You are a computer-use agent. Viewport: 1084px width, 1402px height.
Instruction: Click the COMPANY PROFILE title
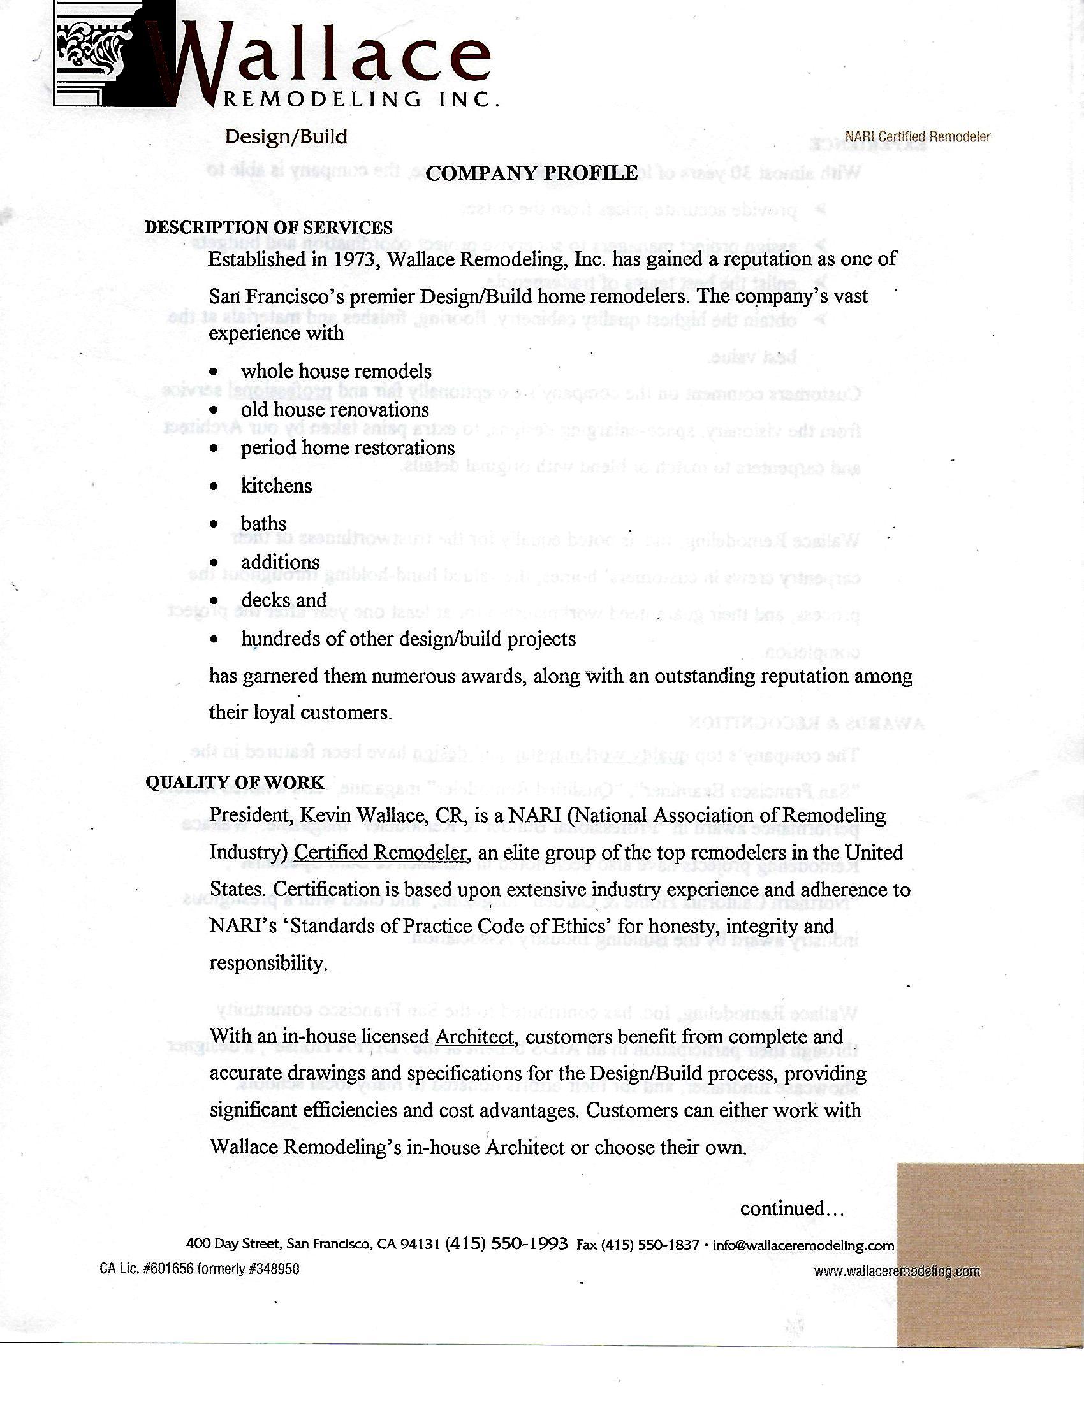[531, 173]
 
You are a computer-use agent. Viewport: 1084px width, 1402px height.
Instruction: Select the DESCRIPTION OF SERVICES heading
[268, 228]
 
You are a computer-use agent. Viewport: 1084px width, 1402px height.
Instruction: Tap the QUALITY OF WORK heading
[235, 782]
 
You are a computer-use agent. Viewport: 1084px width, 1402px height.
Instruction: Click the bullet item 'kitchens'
[276, 486]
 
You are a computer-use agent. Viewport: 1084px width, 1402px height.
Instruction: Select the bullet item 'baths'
[263, 524]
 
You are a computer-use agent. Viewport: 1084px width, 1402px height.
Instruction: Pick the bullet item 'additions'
[280, 562]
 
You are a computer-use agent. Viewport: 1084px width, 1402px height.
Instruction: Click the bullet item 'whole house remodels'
[336, 372]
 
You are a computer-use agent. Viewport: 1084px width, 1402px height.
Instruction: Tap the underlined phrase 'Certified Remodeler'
[379, 853]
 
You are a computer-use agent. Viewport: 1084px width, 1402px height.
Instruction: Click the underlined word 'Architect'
[474, 1037]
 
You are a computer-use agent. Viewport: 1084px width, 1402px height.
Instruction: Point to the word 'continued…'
[791, 1209]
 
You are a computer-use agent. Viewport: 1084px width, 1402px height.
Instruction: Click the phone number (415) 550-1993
[506, 1243]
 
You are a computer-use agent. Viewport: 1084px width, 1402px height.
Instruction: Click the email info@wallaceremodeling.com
[803, 1245]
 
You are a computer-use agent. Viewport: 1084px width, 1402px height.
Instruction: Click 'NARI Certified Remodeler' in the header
[918, 137]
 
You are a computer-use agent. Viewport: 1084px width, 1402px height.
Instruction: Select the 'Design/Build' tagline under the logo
[286, 137]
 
